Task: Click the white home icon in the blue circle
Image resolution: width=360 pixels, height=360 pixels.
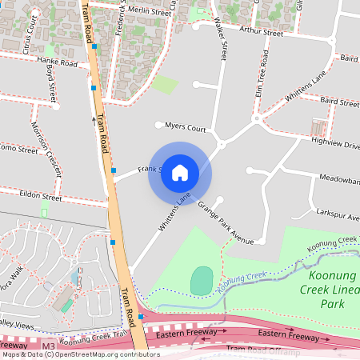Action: tap(180, 173)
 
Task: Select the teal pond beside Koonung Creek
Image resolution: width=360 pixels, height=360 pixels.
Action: tap(202, 280)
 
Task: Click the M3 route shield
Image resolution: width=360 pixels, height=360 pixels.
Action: tap(49, 346)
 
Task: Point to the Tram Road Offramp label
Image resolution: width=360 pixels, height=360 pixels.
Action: tap(264, 350)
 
